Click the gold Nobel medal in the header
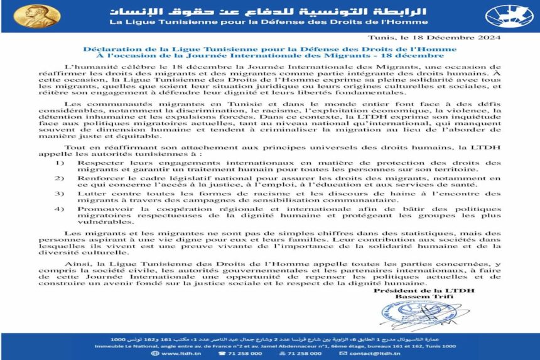tap(36, 16)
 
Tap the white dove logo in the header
tap(509, 16)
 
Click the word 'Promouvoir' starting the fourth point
tap(101, 209)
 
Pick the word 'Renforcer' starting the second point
tap(99, 178)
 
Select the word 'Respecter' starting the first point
tap(99, 163)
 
